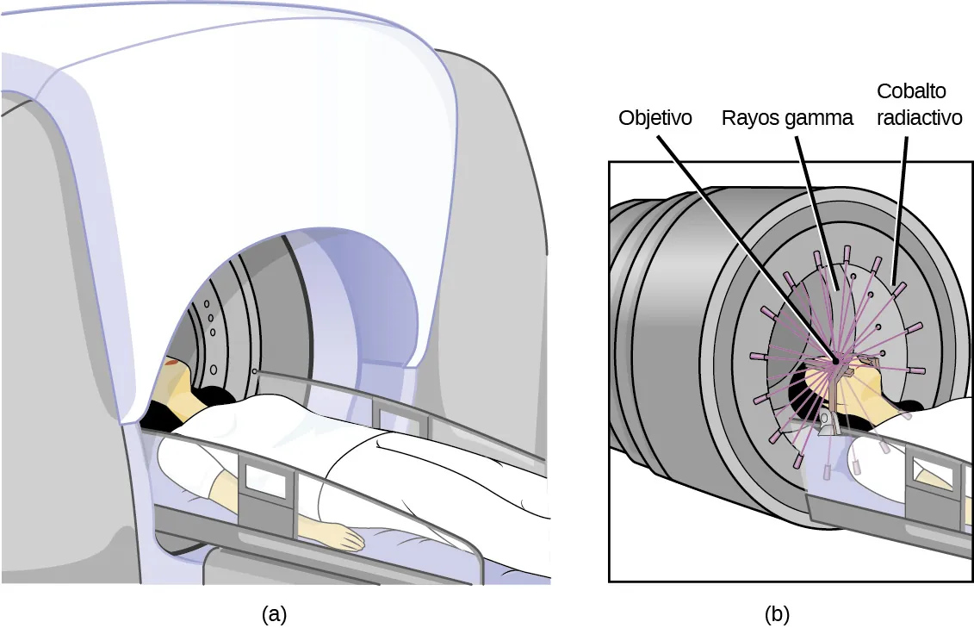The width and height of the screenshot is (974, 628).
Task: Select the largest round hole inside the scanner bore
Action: [x=213, y=368]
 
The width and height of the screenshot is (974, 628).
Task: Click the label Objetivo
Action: [x=655, y=118]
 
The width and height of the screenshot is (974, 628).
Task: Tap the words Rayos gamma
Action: [x=786, y=118]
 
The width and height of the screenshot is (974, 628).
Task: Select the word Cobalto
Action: [x=913, y=91]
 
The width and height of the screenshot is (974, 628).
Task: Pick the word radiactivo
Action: [x=919, y=118]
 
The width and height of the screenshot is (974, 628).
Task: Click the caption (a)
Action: [x=273, y=614]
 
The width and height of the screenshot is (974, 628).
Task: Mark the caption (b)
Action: [x=777, y=614]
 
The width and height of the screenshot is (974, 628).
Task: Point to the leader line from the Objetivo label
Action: [x=741, y=241]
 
